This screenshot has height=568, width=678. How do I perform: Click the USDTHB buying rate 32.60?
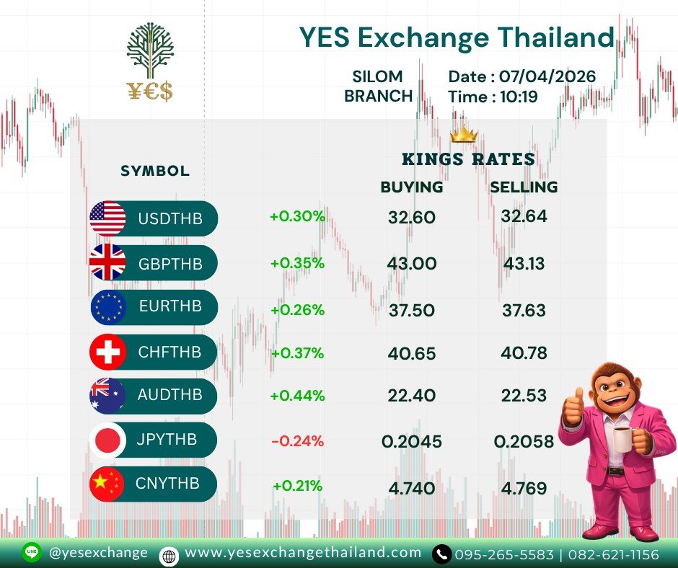411,217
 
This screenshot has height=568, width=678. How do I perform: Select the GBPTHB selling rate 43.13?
524,263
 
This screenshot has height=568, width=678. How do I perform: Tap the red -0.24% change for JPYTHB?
297,441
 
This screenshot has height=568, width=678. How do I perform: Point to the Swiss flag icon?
107,352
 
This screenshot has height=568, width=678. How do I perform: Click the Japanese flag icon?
107,440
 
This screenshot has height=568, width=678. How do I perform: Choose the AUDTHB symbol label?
170,395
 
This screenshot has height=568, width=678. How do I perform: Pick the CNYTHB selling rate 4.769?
524,488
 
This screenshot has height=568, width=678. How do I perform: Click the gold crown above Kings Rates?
464,134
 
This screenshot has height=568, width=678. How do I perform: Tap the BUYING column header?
412,187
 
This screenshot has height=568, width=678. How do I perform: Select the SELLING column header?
524,187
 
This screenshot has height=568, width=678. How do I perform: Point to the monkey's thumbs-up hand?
573,407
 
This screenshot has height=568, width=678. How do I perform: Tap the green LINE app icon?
31,552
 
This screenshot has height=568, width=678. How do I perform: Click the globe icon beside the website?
169,556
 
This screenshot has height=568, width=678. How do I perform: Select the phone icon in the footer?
441,554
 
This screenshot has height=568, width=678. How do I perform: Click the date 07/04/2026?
547,76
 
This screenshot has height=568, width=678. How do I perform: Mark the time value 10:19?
519,97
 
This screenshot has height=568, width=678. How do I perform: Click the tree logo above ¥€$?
150,50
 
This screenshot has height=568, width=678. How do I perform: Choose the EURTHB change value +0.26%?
297,310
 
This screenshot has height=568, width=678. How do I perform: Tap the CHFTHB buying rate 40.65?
412,354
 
